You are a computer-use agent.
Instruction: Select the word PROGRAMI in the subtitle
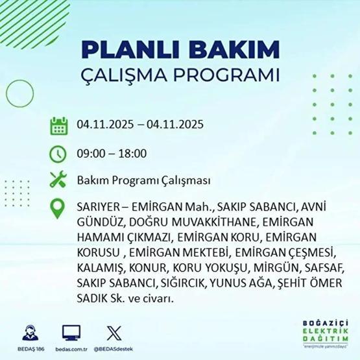click(226, 74)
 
